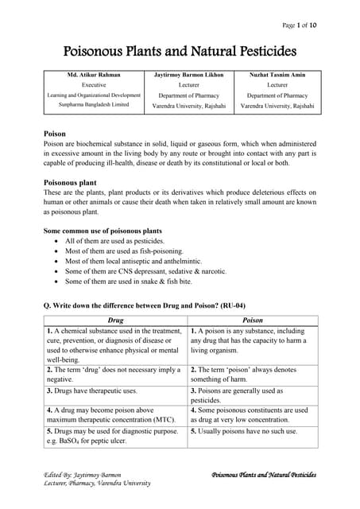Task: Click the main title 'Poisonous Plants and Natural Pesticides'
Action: (x=180, y=52)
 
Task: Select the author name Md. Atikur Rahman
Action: (x=95, y=75)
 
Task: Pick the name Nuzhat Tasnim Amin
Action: (x=277, y=75)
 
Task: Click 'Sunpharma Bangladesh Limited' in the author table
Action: (x=95, y=105)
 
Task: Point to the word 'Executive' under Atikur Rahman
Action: (x=95, y=84)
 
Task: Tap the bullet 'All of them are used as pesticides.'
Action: (x=114, y=241)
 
